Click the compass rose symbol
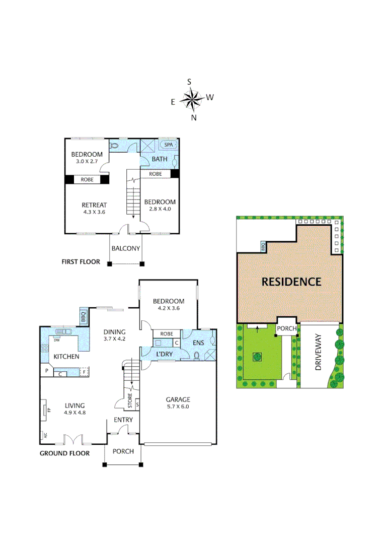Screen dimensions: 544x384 tap(192, 99)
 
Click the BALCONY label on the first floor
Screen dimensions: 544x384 tap(126, 248)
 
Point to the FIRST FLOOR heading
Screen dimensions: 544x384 tap(81, 262)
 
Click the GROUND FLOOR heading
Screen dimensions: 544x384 tap(64, 453)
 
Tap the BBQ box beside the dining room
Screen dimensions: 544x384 tap(84, 317)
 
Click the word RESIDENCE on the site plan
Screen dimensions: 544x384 tap(291, 282)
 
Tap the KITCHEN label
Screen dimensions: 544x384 tap(66, 356)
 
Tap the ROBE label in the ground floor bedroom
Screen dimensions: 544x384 tap(167, 333)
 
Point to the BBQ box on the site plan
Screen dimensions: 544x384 tap(262, 247)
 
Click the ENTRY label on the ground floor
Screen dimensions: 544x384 tap(123, 420)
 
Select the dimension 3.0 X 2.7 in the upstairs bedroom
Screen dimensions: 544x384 tap(87, 161)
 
